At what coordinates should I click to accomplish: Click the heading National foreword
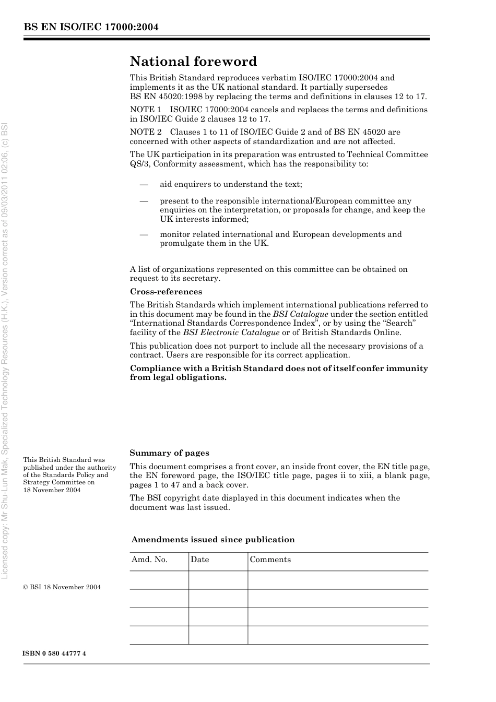pos(193,62)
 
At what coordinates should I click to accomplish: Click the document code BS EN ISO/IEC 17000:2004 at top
pos(91,27)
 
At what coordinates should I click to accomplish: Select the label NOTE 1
pos(145,110)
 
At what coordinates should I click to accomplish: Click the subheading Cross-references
pos(166,292)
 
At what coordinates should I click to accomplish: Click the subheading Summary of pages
pos(169,453)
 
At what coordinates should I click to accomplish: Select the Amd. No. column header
pos(149,560)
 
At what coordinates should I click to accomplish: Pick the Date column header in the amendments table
pos(199,560)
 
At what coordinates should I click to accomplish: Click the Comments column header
pos(270,560)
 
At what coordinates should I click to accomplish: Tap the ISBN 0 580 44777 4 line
pos(54,653)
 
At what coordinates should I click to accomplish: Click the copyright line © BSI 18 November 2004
pos(62,587)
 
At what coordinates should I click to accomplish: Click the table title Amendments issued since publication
pos(213,540)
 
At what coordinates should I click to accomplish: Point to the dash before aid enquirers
pos(144,184)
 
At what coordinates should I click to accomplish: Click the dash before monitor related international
pos(144,234)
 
